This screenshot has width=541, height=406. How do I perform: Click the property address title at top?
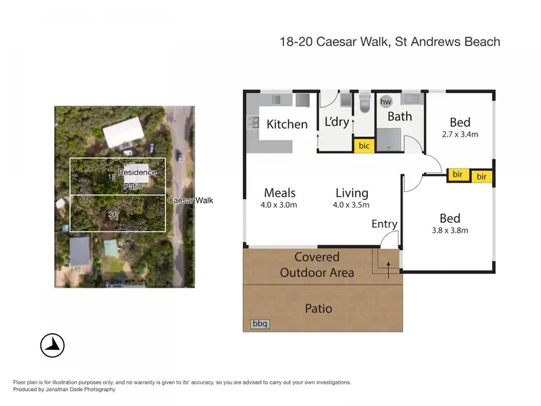[390, 42]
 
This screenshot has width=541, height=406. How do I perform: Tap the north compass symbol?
[53, 345]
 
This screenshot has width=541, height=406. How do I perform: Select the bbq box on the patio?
[260, 325]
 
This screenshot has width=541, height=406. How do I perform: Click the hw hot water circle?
[386, 102]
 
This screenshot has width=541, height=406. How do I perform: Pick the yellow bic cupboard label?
[364, 146]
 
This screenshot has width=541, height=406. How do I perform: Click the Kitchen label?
[287, 124]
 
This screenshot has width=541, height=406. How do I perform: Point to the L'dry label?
[336, 122]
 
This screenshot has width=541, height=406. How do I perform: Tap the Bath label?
[400, 116]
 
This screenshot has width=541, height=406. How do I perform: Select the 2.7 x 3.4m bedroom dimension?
[459, 134]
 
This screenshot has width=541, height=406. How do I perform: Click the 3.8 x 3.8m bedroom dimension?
[449, 231]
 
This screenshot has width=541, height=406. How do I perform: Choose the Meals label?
[280, 193]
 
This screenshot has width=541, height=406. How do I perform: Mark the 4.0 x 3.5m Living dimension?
[351, 205]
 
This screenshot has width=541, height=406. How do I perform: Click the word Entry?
[384, 224]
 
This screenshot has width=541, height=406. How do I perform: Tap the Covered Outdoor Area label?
[317, 265]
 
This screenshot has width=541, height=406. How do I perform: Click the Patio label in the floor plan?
[318, 308]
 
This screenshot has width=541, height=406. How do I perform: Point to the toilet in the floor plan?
[364, 105]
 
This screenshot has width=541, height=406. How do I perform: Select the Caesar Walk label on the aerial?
[190, 200]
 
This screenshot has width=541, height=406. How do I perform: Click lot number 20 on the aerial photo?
[112, 214]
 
